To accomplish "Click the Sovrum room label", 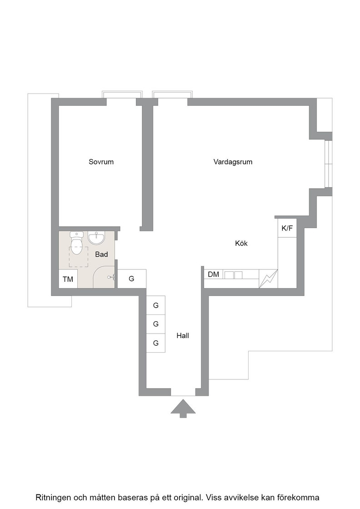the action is pyautogui.click(x=101, y=162).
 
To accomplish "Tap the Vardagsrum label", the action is pyautogui.click(x=233, y=162).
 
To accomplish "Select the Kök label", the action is pyautogui.click(x=241, y=243).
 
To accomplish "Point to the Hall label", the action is pyautogui.click(x=183, y=336).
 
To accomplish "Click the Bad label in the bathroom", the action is pyautogui.click(x=101, y=254).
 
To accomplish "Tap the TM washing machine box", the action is pyautogui.click(x=68, y=279).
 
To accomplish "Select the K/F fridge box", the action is pyautogui.click(x=287, y=228).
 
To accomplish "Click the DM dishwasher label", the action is pyautogui.click(x=213, y=274).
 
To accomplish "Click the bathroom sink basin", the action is pyautogui.click(x=96, y=238).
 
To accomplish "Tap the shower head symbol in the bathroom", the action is pyautogui.click(x=111, y=277).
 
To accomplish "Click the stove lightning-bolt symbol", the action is pyautogui.click(x=269, y=279).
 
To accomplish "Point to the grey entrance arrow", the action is pyautogui.click(x=183, y=409).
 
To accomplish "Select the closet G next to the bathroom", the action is pyautogui.click(x=131, y=279).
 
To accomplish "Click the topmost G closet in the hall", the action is pyautogui.click(x=156, y=305).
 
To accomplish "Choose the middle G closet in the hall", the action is pyautogui.click(x=156, y=324).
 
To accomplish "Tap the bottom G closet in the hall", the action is pyautogui.click(x=156, y=343).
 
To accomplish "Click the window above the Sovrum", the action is pyautogui.click(x=122, y=95).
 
